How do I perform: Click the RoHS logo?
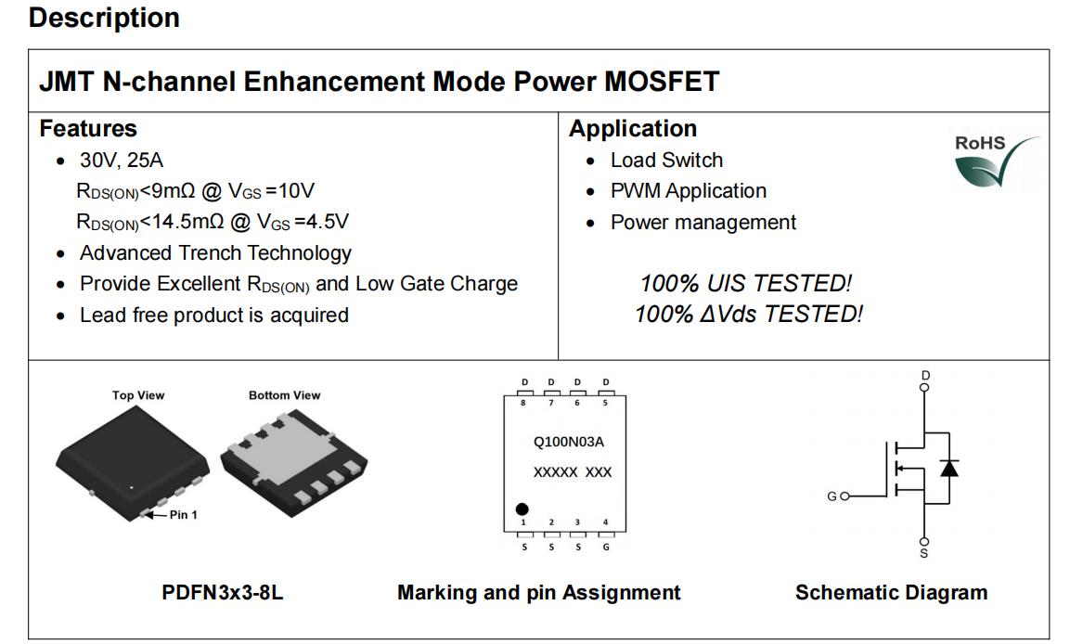coord(997,161)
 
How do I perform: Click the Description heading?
coord(105,18)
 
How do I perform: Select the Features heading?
coord(88,128)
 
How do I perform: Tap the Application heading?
coord(633,128)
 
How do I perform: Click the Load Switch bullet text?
coord(666,160)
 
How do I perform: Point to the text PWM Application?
coord(688,191)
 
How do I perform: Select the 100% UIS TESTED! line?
coord(746,282)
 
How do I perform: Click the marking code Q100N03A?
coord(569,442)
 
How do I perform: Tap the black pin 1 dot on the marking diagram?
coord(522,509)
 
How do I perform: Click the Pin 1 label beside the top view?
coord(183,514)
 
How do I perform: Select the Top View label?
coord(138,395)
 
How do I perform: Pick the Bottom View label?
coord(284,395)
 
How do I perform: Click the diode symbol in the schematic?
coord(948,468)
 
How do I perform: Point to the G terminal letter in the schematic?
coord(832,496)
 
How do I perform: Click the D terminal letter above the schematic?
coord(925,375)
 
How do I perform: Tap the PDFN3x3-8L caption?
coord(223,591)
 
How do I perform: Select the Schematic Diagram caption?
coord(891,591)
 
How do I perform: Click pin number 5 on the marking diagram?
coord(605,403)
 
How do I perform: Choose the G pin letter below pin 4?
coord(605,547)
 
